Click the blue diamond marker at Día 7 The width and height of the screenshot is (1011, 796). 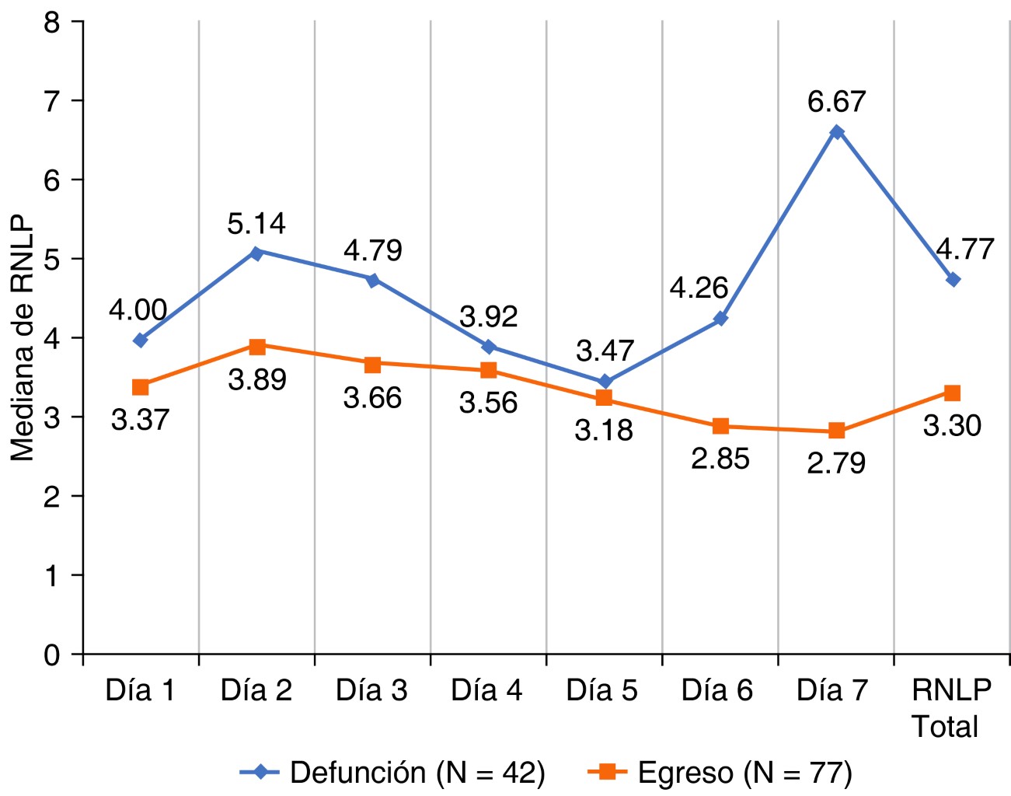(836, 132)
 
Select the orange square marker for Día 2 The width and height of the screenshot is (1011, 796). (257, 347)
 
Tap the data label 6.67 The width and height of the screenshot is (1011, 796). (836, 102)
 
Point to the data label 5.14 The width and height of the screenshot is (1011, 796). (256, 224)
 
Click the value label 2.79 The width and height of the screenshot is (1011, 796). (836, 463)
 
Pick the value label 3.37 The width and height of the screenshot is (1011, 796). (140, 420)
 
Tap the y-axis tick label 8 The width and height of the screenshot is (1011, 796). (52, 23)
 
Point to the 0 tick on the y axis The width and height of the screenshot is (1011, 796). (52, 655)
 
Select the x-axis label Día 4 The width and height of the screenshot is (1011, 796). (486, 690)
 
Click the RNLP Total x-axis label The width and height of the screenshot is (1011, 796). (951, 707)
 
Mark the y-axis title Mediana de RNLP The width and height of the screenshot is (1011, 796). (23, 337)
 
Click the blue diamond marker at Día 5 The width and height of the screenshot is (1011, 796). (605, 382)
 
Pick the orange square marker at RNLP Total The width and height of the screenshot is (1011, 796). (952, 393)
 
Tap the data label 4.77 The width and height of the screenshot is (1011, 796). (964, 250)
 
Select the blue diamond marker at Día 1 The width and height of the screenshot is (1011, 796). (141, 340)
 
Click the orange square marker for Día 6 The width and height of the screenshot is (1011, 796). (720, 426)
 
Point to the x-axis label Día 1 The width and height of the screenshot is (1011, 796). (140, 690)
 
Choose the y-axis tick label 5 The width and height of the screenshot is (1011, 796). (52, 260)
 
